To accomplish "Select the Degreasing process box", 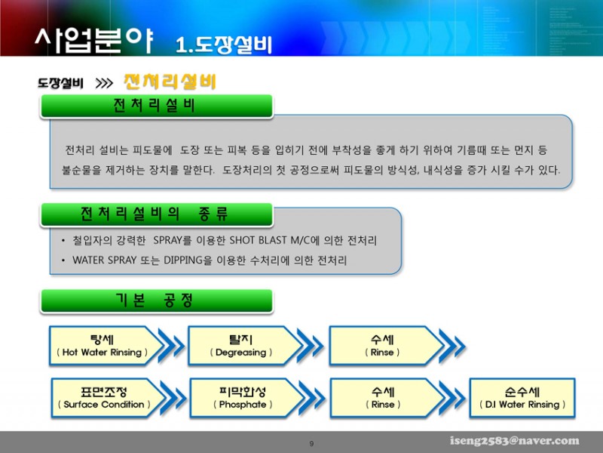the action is (x=243, y=346).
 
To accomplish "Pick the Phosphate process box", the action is (x=244, y=398).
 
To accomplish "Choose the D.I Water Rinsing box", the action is (x=522, y=398).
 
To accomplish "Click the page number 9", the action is (x=311, y=443).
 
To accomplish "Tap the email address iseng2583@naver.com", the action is (x=515, y=440).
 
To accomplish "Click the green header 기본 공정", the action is (x=157, y=300).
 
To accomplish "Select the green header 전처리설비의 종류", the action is (x=157, y=214).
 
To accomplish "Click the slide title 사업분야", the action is (x=94, y=40).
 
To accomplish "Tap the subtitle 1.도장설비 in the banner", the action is (x=224, y=45).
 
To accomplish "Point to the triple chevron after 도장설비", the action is (x=104, y=83).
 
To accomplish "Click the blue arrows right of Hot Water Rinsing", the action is (x=172, y=345).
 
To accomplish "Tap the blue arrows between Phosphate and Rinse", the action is (x=312, y=398).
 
